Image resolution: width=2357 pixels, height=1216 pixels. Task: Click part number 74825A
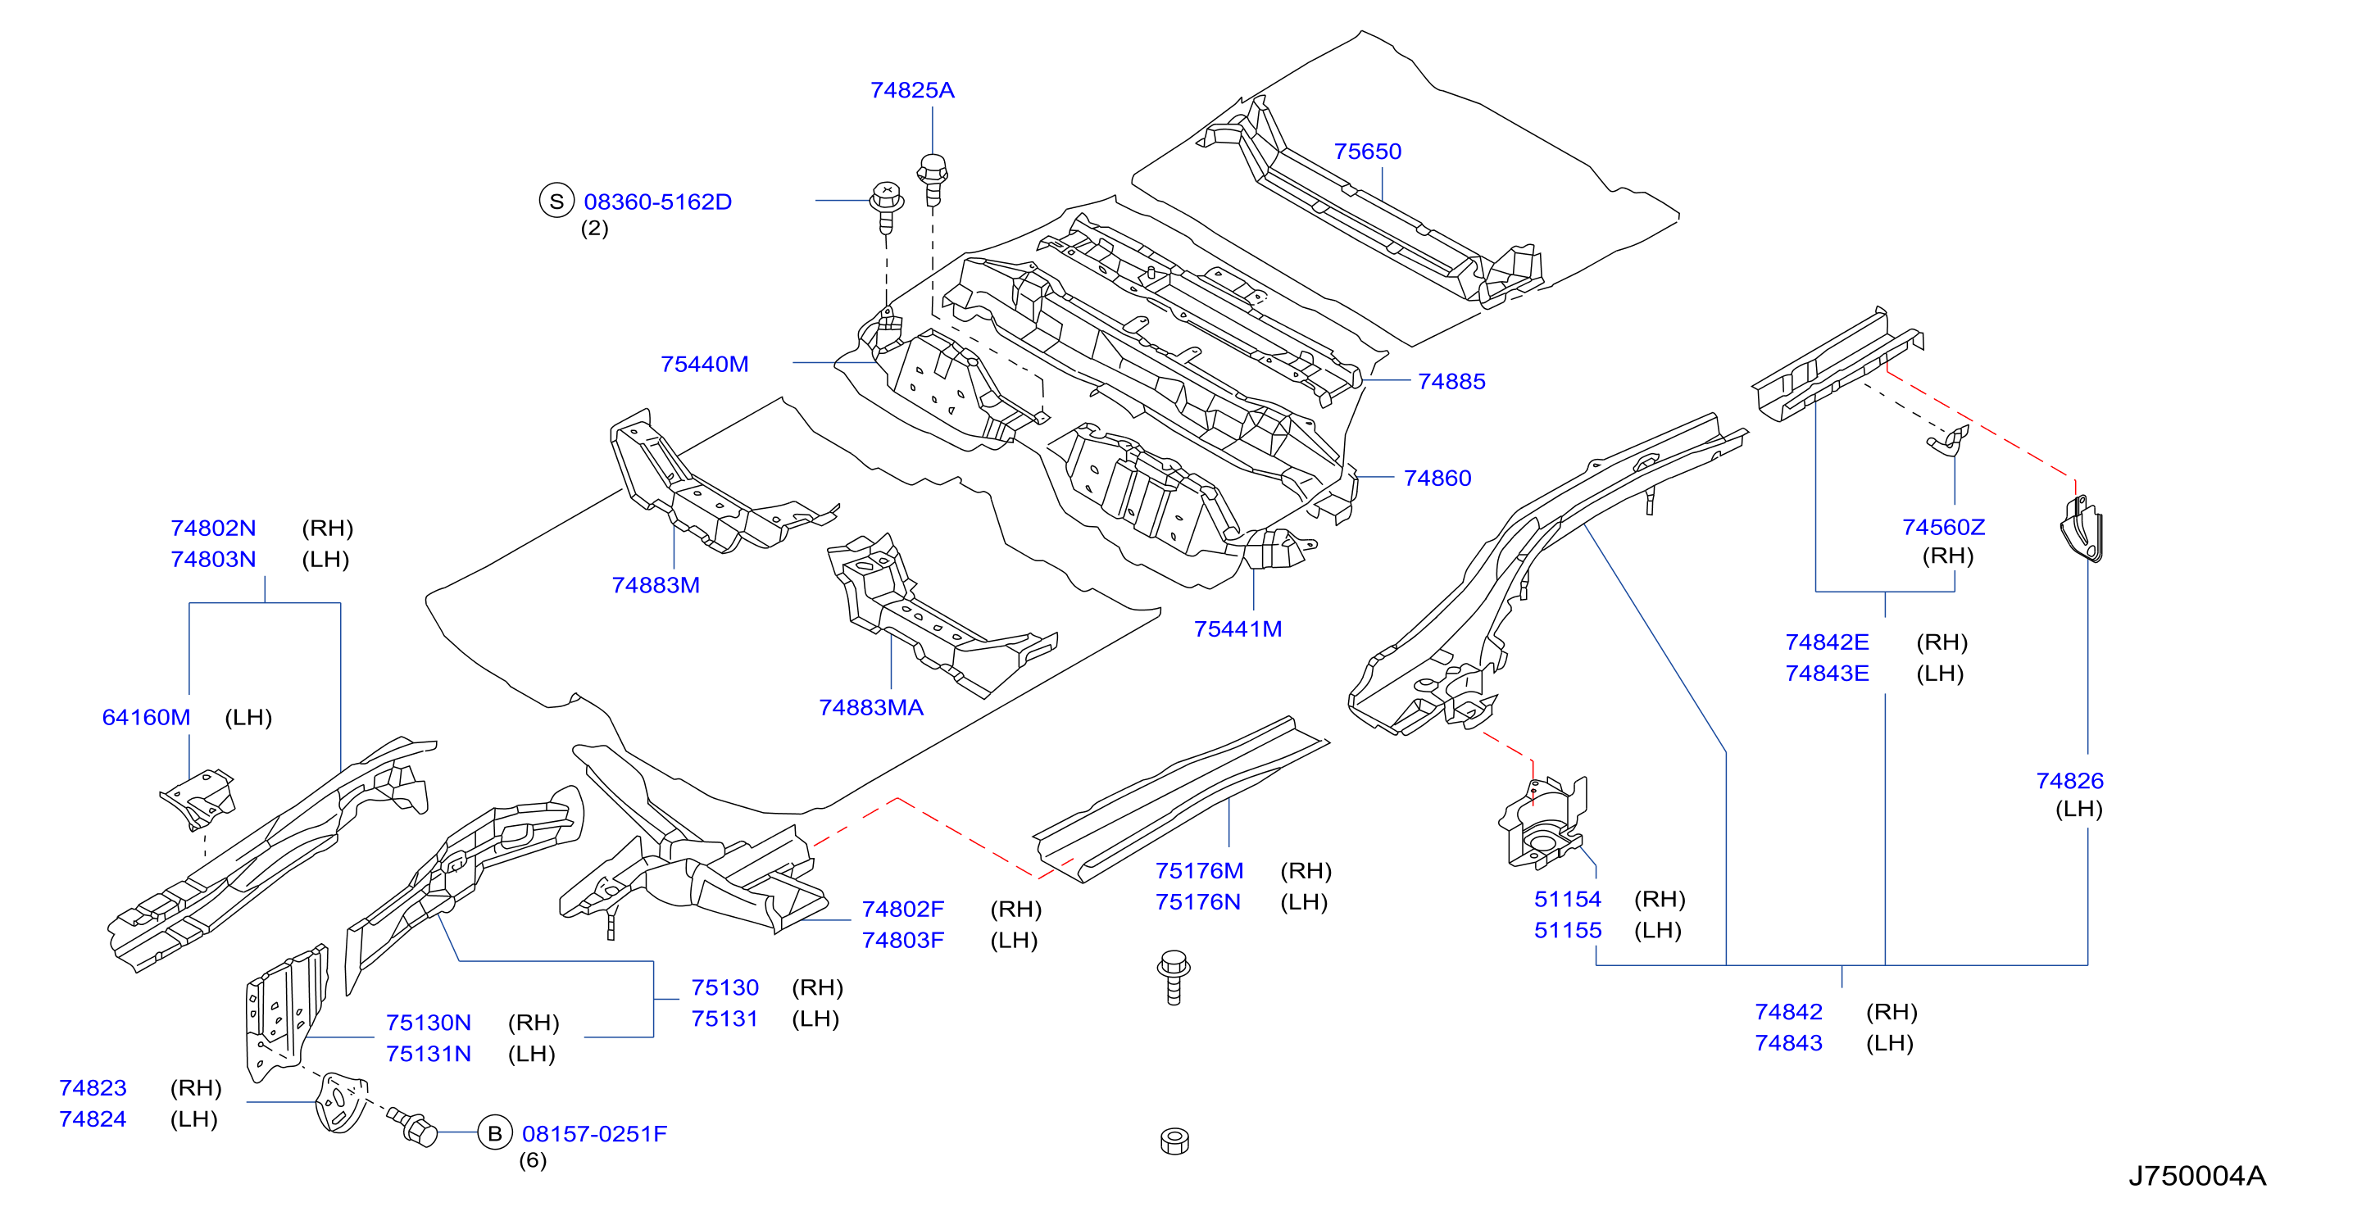point(912,89)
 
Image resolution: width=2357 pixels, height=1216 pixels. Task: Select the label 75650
point(1367,151)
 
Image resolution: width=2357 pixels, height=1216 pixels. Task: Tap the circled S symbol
point(556,201)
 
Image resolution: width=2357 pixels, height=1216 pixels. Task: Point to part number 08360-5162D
point(658,202)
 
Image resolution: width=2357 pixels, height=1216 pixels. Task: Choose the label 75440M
point(705,364)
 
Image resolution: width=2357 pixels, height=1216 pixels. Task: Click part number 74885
point(1451,382)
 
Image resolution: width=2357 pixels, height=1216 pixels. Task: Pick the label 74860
point(1437,478)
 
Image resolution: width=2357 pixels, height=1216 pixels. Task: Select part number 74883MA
point(871,707)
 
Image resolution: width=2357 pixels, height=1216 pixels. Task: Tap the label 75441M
point(1238,628)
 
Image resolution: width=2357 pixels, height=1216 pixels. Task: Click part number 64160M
point(147,717)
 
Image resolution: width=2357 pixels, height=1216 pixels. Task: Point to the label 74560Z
point(1943,527)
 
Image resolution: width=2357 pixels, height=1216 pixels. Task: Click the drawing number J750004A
point(2197,1176)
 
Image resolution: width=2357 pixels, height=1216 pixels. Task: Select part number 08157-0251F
point(595,1134)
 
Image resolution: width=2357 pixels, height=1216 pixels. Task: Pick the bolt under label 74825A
point(933,180)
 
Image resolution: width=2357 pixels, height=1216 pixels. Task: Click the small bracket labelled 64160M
point(198,799)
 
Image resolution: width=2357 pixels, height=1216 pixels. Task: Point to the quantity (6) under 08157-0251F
point(533,1160)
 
